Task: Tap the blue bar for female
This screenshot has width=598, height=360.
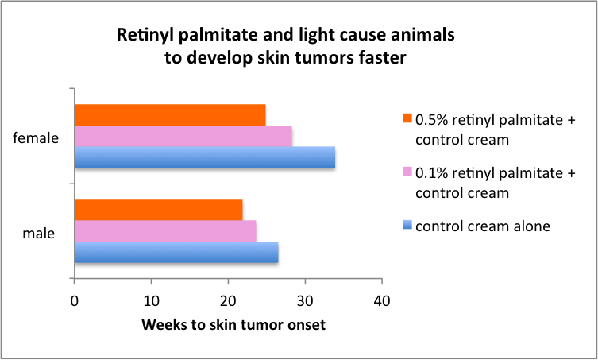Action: click(x=204, y=157)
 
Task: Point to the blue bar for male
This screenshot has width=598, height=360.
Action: click(x=176, y=252)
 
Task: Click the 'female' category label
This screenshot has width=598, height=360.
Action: click(x=37, y=137)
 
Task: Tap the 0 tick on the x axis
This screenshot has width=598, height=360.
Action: click(x=74, y=302)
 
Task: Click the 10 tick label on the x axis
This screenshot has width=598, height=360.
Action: click(x=151, y=302)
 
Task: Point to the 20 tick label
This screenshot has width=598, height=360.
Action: click(x=228, y=302)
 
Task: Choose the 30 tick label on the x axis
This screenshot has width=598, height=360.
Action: click(x=305, y=302)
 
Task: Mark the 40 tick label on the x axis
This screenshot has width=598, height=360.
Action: click(x=382, y=302)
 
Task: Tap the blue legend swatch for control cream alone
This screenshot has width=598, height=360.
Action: click(x=407, y=226)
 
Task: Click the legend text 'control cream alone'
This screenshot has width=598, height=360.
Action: click(x=482, y=226)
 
